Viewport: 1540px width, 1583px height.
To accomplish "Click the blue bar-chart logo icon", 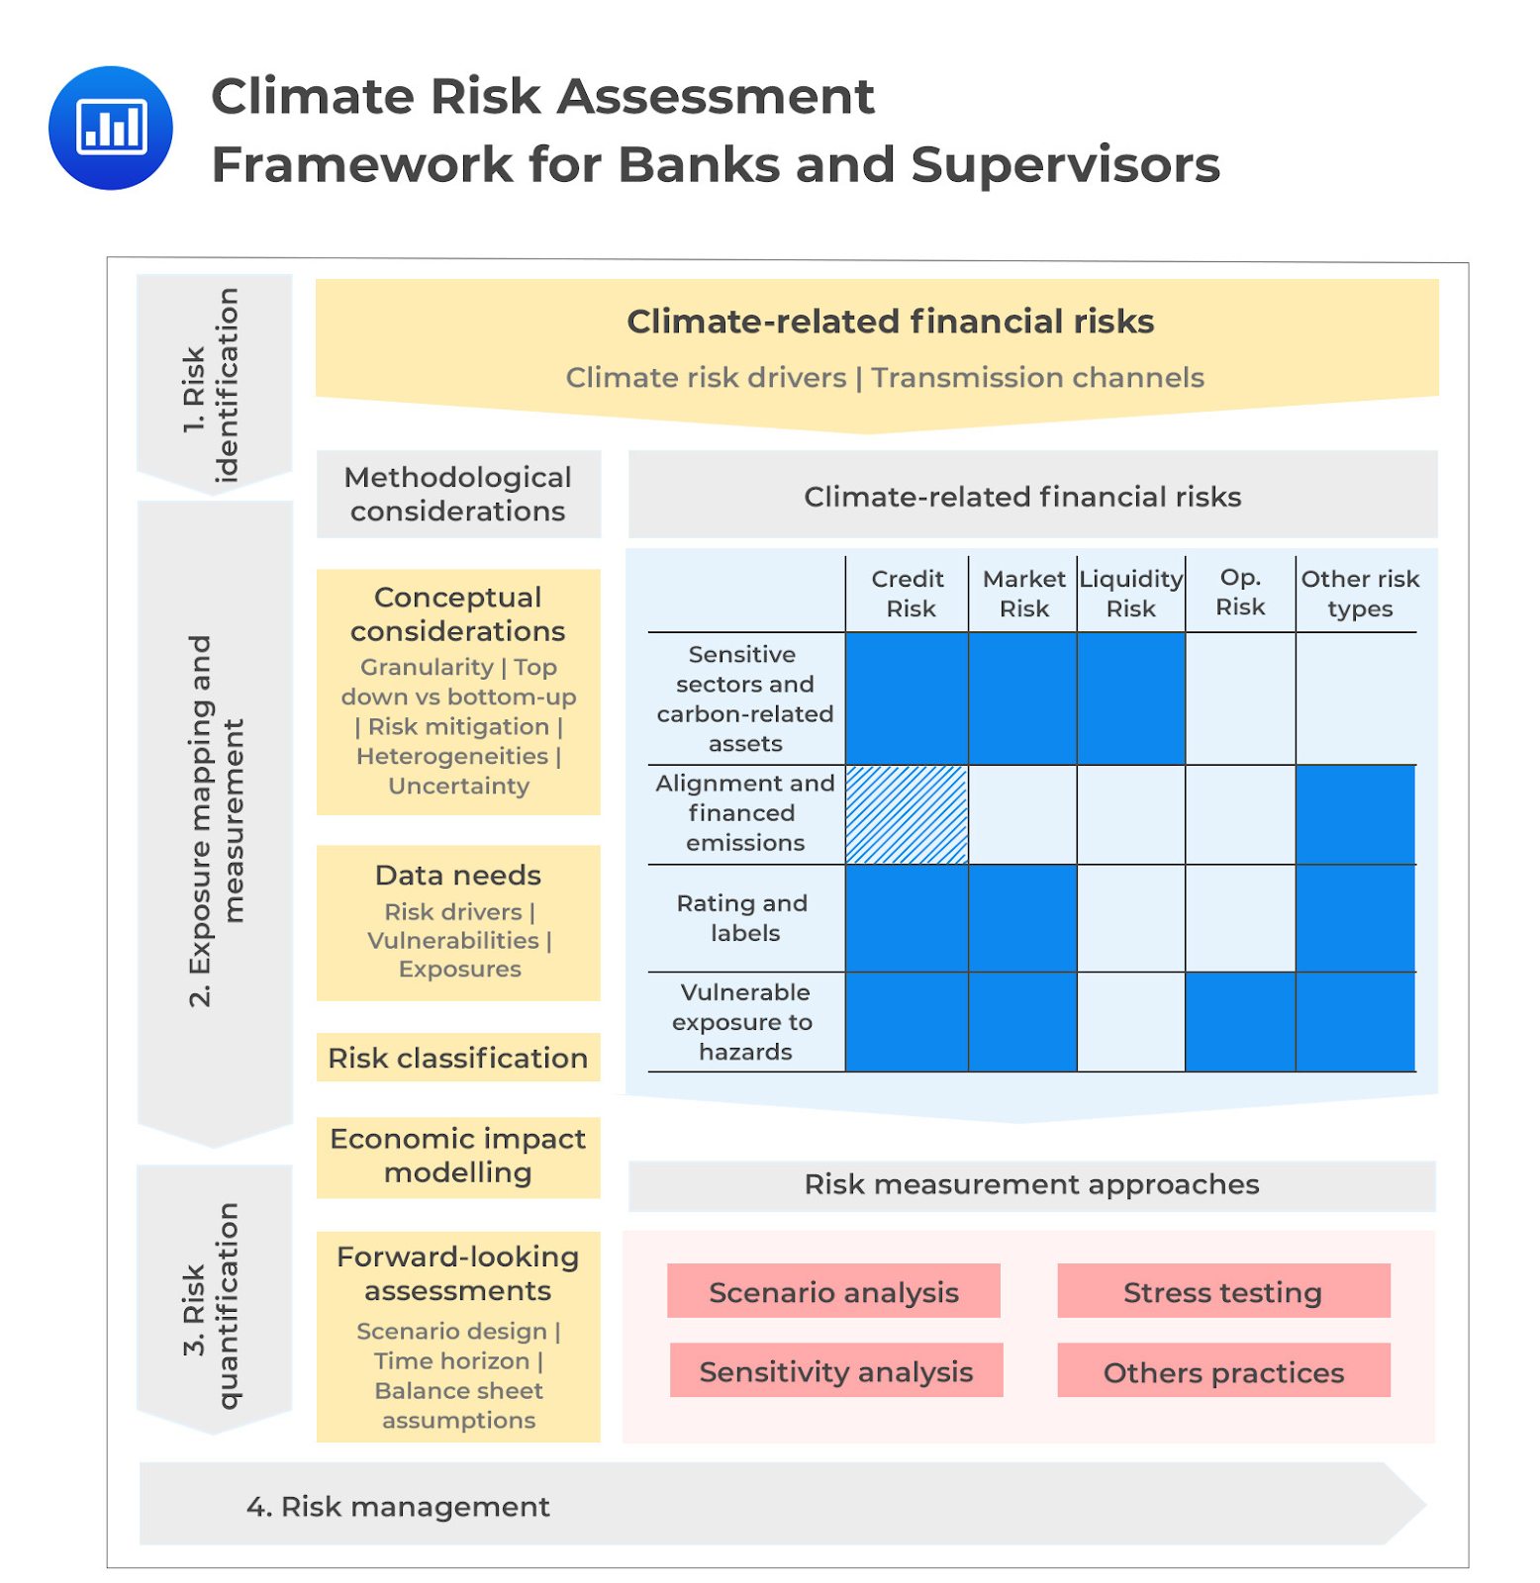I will click(110, 128).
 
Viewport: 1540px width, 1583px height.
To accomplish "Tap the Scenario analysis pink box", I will click(832, 1291).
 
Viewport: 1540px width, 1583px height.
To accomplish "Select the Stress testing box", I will click(1222, 1291).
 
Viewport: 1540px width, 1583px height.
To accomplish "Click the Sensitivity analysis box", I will click(835, 1370).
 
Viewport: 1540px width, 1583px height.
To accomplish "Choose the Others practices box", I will click(1222, 1371).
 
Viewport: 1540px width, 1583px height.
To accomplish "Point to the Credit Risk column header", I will click(908, 593).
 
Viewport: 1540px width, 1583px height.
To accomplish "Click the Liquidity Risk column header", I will click(1130, 593).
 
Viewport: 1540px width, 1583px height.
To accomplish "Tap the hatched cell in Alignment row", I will click(907, 814).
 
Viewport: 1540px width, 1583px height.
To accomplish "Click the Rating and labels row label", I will click(743, 917).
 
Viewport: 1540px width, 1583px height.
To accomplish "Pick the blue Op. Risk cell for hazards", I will click(1239, 1021).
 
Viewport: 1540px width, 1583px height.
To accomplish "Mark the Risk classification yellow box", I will click(457, 1058).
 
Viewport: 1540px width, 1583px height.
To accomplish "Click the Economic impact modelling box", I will click(457, 1156).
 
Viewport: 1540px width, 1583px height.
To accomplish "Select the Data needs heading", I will click(457, 875).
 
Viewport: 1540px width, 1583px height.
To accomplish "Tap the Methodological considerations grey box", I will click(457, 494).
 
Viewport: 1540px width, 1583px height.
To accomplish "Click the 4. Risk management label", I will click(398, 1506).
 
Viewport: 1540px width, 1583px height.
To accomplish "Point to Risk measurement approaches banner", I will click(1030, 1184).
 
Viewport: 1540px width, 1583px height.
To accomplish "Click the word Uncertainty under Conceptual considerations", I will click(458, 786).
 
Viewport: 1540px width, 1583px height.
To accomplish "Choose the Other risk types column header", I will click(1359, 593).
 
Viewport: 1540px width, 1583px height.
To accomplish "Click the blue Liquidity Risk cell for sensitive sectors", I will click(1130, 698).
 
